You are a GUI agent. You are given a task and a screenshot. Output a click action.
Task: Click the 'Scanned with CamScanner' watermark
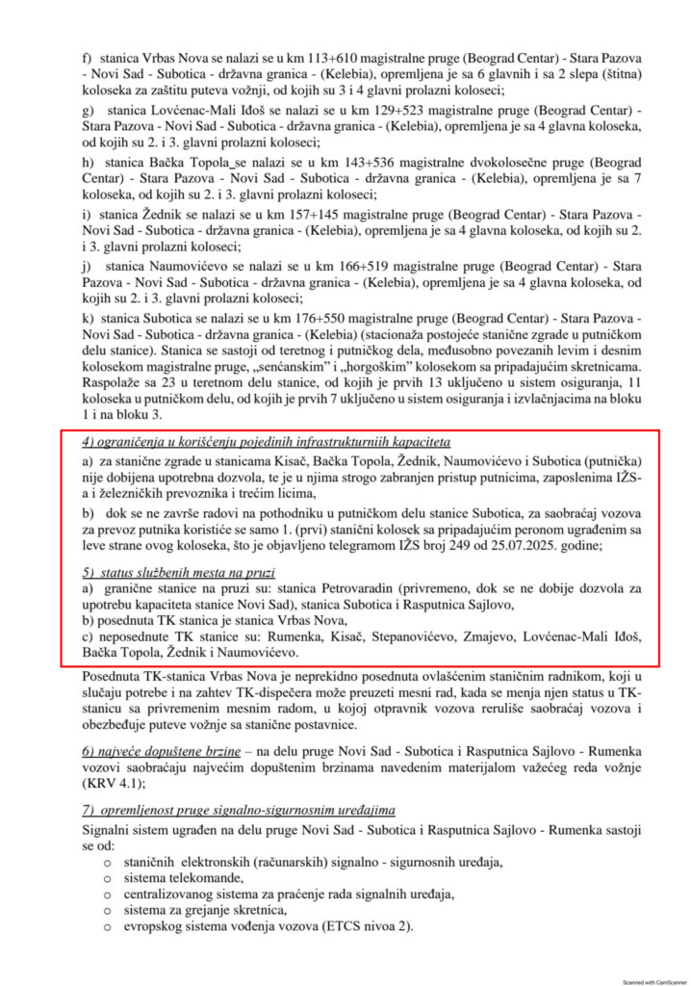[652, 981]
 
